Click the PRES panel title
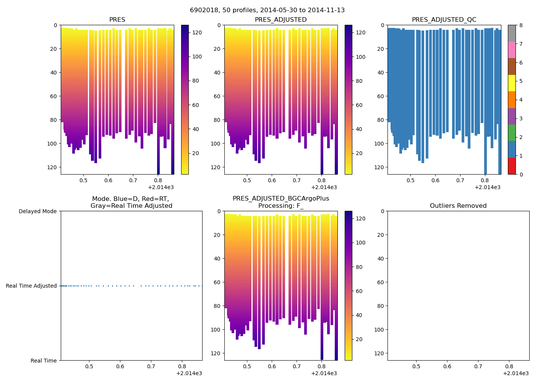pyautogui.click(x=117, y=19)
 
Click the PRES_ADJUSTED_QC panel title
pyautogui.click(x=444, y=19)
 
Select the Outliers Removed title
pyautogui.click(x=458, y=206)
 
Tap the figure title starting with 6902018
pyautogui.click(x=267, y=10)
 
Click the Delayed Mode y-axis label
pyautogui.click(x=37, y=211)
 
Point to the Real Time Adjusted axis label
pyautogui.click(x=31, y=286)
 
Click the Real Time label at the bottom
pyautogui.click(x=44, y=361)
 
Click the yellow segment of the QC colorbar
pyautogui.click(x=512, y=83)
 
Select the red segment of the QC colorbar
pyautogui.click(x=512, y=166)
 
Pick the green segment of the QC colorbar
pyautogui.click(x=512, y=133)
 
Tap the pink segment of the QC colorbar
pyautogui.click(x=512, y=50)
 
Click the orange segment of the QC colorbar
pyautogui.click(x=512, y=100)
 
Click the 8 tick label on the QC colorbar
pyautogui.click(x=520, y=26)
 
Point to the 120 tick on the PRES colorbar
pyautogui.click(x=197, y=32)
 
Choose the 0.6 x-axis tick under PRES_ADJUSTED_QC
pyautogui.click(x=435, y=180)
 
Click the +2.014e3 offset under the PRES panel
pyautogui.click(x=160, y=187)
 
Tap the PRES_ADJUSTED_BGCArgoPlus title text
pyautogui.click(x=281, y=199)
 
